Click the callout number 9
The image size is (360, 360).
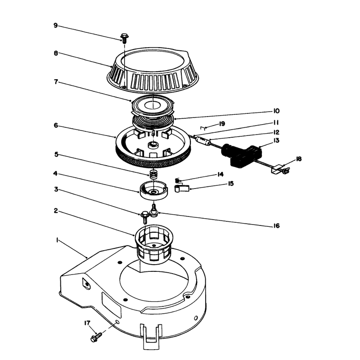click(55, 25)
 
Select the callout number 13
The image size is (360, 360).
click(276, 140)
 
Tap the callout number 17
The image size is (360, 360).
click(87, 323)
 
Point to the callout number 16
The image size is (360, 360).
click(277, 226)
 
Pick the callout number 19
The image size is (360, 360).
click(222, 124)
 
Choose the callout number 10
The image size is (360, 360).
click(276, 111)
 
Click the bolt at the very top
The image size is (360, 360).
click(125, 38)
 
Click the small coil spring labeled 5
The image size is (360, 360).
click(153, 175)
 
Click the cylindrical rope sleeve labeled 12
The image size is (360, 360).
click(203, 140)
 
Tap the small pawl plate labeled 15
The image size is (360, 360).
click(182, 189)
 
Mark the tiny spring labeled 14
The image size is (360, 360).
click(177, 181)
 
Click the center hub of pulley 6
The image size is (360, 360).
click(153, 144)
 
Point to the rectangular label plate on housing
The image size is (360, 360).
click(111, 305)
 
